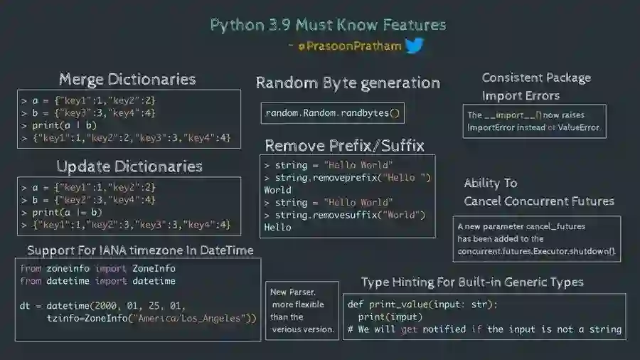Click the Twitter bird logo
[414, 46]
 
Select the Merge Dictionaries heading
[127, 79]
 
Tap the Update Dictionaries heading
[129, 166]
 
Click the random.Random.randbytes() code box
[333, 113]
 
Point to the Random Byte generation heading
[348, 83]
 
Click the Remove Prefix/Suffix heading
[344, 146]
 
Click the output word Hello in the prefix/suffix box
[277, 227]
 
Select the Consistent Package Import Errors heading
[536, 87]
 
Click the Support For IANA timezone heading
[140, 250]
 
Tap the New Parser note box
[302, 310]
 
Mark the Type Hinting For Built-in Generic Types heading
[472, 282]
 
